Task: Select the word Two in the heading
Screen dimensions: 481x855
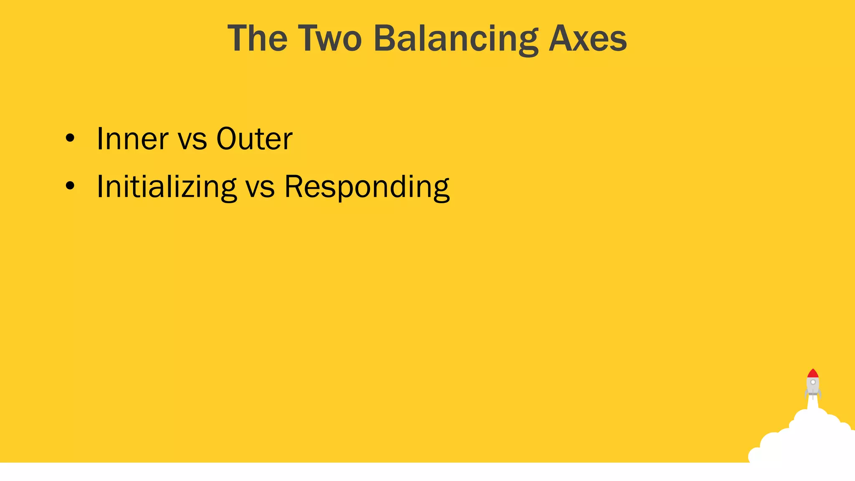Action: (330, 38)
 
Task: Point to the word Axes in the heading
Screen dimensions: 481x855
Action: (587, 38)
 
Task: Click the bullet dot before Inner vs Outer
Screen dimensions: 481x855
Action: (70, 138)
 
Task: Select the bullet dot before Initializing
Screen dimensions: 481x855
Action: (70, 186)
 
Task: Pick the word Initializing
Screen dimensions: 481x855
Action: (167, 187)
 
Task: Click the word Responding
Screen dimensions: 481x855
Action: (367, 187)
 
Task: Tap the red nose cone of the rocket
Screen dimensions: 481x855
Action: (812, 373)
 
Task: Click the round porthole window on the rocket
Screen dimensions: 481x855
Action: (813, 382)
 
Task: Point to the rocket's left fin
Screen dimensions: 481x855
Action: (806, 393)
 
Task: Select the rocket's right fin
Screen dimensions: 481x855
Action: (820, 393)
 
